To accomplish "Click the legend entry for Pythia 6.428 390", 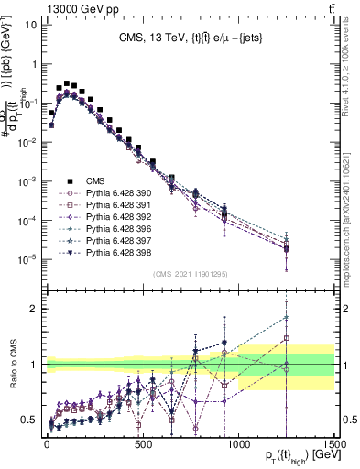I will pos(114,194).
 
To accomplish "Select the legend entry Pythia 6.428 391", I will pos(114,206).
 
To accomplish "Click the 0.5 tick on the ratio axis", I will pos(31,420).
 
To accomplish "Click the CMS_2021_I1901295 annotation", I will pos(190,274).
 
